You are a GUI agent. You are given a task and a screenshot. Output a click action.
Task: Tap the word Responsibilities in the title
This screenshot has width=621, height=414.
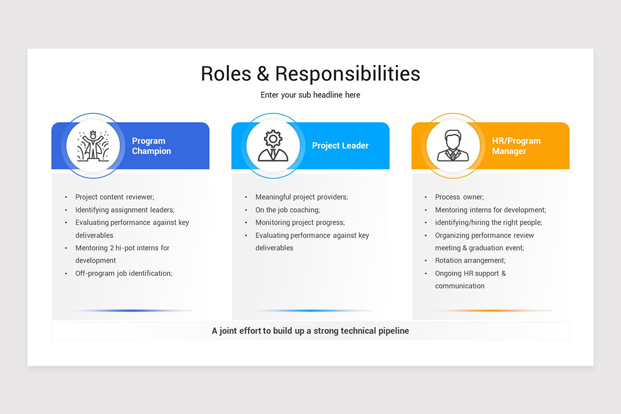[347, 73]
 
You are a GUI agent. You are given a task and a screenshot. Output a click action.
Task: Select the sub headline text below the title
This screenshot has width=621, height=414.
[310, 95]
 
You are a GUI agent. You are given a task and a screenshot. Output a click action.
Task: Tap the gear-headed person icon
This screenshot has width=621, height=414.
[273, 145]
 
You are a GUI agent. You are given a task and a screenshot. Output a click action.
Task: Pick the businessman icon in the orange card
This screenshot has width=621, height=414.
[453, 145]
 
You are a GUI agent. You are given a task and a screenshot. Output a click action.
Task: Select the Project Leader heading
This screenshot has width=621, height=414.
[340, 146]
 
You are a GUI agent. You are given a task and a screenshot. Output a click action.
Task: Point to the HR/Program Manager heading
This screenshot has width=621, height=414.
[516, 146]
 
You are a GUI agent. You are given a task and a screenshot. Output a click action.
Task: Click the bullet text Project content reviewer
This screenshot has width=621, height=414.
[115, 197]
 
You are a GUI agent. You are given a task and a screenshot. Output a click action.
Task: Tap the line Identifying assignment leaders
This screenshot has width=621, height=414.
[125, 210]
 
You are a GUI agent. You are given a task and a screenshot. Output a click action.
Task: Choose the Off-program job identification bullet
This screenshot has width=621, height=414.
[124, 273]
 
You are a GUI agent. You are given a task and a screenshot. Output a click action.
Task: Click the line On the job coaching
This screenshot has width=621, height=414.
[288, 210]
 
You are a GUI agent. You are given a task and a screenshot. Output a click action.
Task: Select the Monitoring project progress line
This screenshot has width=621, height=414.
[300, 223]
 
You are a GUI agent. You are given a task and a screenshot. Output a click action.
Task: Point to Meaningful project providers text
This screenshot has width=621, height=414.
[302, 197]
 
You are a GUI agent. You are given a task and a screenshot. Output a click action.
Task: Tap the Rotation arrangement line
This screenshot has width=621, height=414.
[470, 260]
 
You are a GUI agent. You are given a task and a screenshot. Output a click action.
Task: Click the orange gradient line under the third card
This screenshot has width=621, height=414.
[491, 310]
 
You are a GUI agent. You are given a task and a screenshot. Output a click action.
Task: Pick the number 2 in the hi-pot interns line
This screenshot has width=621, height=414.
[111, 248]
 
